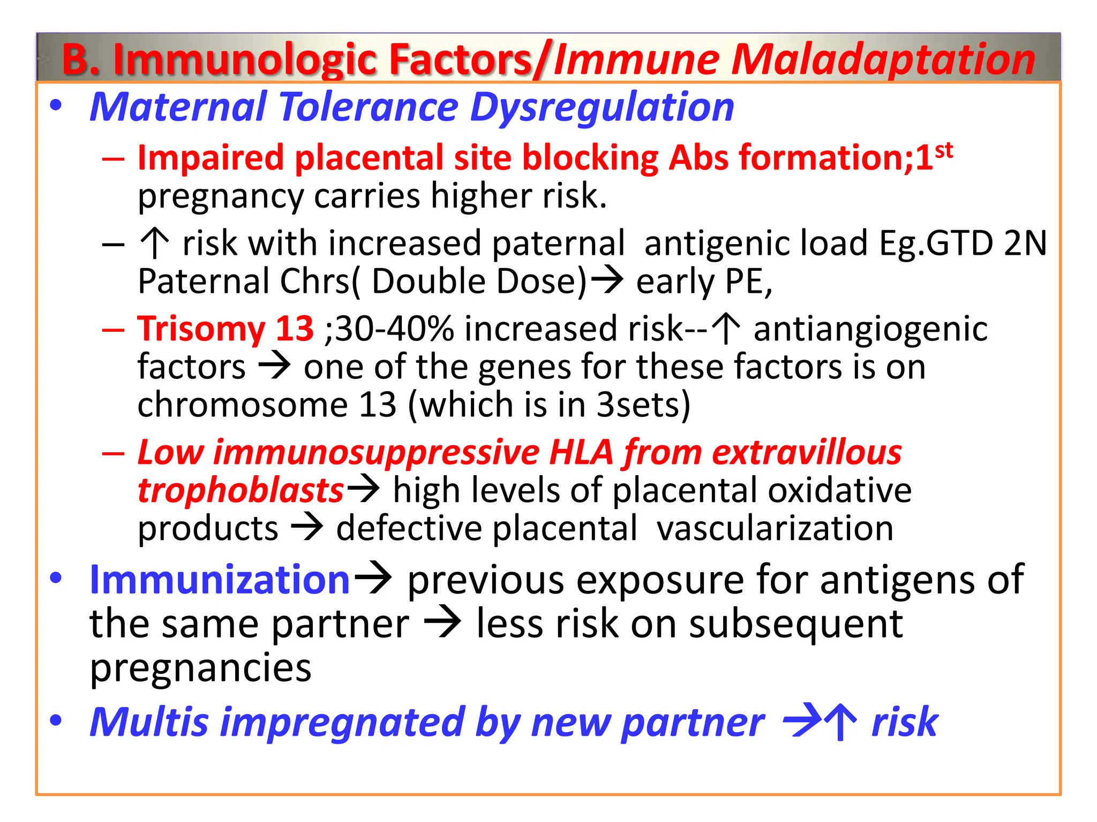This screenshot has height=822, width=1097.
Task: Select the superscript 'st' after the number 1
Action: point(944,150)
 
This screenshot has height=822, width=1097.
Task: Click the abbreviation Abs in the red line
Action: point(698,158)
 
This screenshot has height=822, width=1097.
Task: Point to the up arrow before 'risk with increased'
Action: point(154,243)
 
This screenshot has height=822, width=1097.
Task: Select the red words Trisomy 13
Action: point(226,329)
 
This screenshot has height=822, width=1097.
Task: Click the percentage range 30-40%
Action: point(395,329)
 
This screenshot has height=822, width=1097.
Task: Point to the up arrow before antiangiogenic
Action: point(727,329)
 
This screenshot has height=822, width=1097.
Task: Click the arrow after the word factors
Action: point(275,367)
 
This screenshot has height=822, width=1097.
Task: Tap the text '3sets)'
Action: point(643,405)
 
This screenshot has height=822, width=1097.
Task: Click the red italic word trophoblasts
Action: point(241,491)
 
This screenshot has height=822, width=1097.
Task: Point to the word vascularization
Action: point(775,529)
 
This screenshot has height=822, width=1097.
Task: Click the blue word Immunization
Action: point(220,580)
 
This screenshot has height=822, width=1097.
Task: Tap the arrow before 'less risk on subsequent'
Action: point(442,624)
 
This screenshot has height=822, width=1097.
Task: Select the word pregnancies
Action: point(200,668)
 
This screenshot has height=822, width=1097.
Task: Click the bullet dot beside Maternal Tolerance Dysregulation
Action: point(56,106)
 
